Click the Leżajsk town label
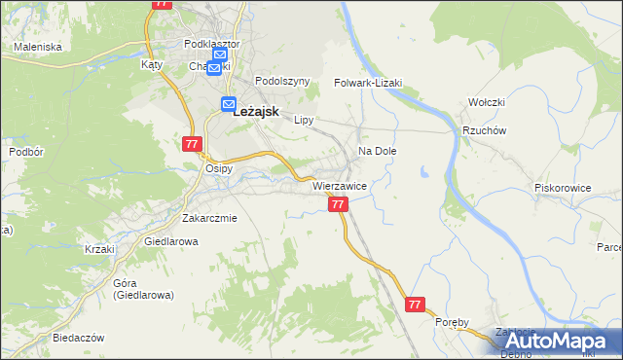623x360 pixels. [258, 112]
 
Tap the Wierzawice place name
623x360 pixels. [339, 186]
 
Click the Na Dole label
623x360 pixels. [378, 152]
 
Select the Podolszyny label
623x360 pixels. [282, 82]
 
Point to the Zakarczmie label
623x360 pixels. [209, 218]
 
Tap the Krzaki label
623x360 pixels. [99, 249]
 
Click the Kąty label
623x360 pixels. [151, 64]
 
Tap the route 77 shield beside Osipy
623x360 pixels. [191, 144]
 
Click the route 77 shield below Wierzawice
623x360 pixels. [338, 204]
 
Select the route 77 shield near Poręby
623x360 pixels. [416, 305]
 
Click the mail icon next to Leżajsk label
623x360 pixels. [229, 104]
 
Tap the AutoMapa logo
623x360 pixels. [560, 341]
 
